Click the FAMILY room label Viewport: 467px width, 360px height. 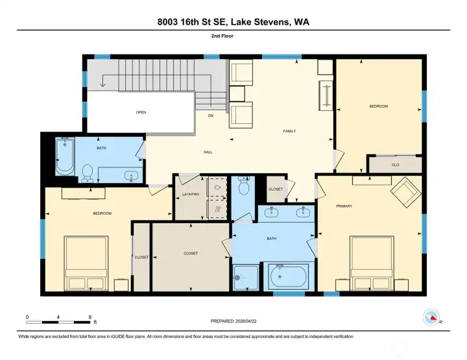click(289, 131)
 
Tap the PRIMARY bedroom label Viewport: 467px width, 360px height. click(344, 206)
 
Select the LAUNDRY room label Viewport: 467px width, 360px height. click(191, 194)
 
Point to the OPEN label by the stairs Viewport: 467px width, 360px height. click(141, 112)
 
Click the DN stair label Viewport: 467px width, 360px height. click(211, 115)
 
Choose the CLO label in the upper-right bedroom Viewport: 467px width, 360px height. click(395, 165)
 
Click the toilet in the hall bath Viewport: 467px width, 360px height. click(88, 173)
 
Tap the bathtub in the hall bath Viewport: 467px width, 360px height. click(65, 156)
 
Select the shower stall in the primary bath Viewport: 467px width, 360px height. click(246, 277)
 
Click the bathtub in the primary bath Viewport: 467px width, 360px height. click(288, 276)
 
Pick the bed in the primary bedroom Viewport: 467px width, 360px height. click(372, 263)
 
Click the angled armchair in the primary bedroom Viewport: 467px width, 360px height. click(405, 193)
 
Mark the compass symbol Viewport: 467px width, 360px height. click(431, 317)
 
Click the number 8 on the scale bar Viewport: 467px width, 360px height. click(90, 317)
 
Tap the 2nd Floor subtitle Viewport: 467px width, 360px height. click(222, 36)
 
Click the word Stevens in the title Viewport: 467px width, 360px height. click(271, 22)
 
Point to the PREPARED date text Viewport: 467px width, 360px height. click(233, 321)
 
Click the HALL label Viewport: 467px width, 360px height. click(208, 152)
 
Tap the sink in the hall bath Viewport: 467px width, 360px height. click(131, 176)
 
